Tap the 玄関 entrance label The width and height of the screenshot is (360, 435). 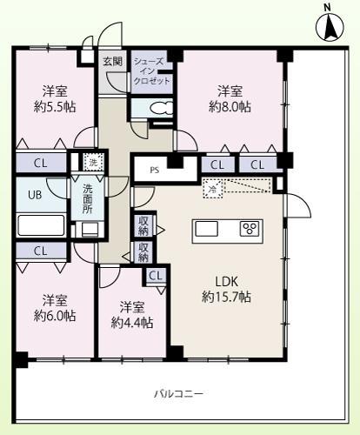113,61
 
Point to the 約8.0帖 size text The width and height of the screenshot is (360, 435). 230,107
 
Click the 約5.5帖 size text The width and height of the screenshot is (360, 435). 55,107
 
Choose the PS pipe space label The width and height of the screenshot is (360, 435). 154,171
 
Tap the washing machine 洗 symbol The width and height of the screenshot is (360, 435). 92,161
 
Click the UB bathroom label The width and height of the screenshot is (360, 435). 35,195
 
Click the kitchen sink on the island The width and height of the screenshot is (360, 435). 206,229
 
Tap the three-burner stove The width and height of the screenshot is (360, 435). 250,229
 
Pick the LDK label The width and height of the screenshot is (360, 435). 229,281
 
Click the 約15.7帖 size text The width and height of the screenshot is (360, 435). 228,298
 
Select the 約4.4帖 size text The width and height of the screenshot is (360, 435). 133,323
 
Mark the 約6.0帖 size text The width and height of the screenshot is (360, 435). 54,316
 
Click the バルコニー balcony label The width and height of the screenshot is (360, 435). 178,392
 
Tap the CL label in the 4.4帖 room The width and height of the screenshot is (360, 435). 156,276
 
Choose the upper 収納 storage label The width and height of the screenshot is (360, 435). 143,225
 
